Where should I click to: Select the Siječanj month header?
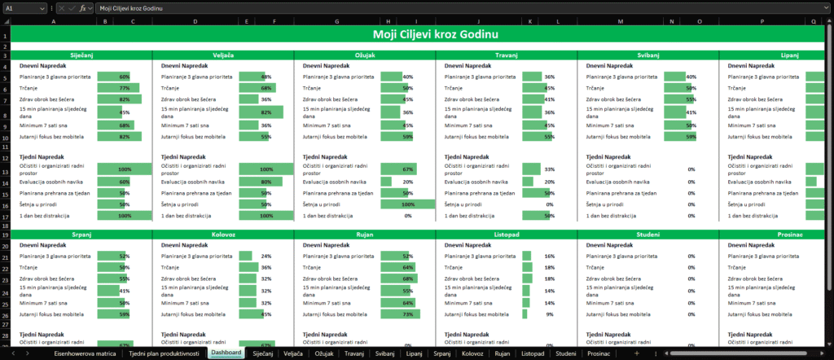(x=80, y=55)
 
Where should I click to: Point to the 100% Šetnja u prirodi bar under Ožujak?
(x=407, y=204)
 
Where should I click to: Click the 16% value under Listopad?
(x=550, y=256)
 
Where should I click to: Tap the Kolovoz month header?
(x=223, y=234)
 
